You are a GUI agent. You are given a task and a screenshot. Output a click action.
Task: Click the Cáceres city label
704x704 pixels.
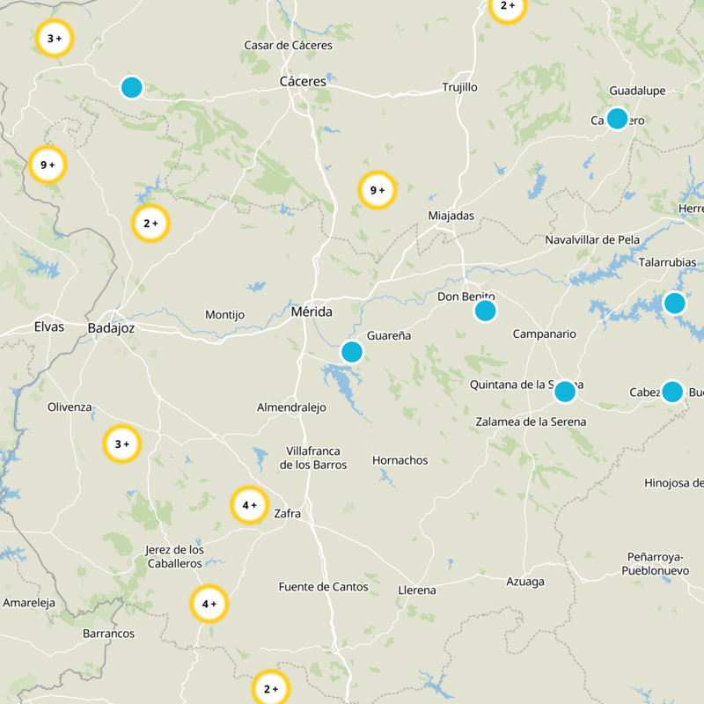(302, 81)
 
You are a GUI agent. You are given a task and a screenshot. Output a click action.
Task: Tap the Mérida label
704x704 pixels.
(312, 312)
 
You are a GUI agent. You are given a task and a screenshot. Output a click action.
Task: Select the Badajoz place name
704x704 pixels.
(111, 328)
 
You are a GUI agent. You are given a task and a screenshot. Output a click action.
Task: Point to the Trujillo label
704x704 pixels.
(459, 88)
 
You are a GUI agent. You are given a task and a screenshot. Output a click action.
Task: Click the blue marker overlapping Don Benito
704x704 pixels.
(485, 311)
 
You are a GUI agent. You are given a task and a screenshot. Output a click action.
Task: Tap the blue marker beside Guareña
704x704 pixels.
(352, 352)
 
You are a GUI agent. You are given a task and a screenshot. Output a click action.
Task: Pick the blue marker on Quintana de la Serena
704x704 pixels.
(565, 392)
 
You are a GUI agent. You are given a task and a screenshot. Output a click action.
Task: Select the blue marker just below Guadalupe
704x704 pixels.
(618, 119)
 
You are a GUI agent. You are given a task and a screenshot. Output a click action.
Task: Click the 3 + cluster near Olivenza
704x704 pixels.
(121, 444)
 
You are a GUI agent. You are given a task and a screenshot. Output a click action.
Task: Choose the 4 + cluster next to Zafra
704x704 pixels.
(249, 505)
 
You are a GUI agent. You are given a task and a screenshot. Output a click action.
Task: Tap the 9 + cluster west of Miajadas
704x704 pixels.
(377, 190)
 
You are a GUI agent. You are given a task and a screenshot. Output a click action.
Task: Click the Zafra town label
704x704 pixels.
(288, 513)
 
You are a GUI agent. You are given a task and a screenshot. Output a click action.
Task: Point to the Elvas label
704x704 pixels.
(49, 326)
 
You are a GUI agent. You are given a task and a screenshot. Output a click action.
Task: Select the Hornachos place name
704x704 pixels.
(400, 460)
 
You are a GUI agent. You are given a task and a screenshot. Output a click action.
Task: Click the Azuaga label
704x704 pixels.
(525, 582)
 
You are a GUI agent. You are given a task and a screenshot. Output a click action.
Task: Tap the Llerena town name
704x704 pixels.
(417, 590)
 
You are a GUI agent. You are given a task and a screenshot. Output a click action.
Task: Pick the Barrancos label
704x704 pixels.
(108, 634)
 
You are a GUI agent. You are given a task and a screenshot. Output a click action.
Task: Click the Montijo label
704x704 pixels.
(224, 315)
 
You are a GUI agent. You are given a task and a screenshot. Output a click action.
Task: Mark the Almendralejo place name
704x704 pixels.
(291, 407)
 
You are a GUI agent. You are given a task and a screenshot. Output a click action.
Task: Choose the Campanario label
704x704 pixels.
(544, 334)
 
